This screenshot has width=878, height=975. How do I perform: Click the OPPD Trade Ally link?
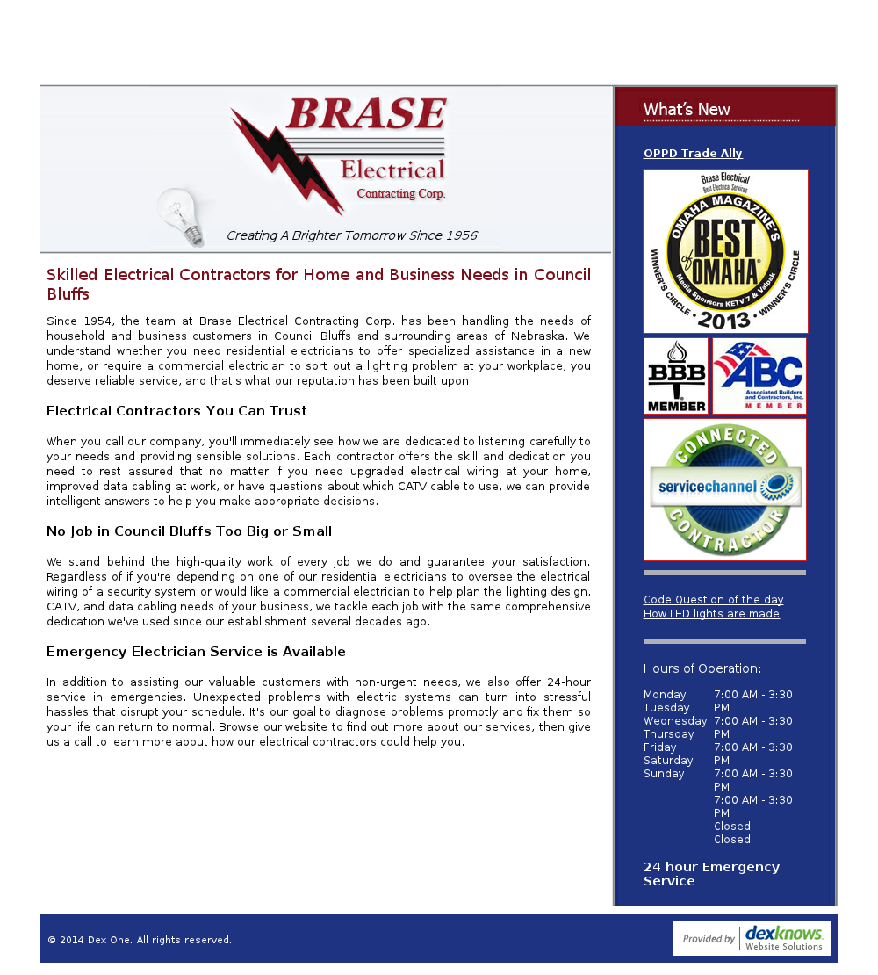693,154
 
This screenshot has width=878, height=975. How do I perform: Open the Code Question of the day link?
713,600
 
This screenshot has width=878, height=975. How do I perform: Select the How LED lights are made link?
711,614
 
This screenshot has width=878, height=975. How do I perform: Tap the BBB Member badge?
676,376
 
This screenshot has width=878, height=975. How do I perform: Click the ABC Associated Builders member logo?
759,376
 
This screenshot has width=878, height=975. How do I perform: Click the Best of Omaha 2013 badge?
725,251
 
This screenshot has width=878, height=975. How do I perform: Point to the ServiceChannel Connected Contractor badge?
725,489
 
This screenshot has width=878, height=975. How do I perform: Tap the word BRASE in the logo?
365,114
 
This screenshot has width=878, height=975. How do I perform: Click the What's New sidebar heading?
687,110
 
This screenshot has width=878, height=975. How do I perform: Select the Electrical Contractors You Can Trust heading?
176,411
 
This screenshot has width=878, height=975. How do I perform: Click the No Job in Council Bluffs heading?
189,531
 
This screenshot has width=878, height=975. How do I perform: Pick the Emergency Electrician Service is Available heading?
196,652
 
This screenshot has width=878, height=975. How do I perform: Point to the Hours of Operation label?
702,668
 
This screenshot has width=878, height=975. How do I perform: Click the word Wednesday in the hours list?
675,721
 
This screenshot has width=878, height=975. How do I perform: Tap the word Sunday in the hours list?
664,774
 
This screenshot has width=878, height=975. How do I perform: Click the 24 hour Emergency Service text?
711,874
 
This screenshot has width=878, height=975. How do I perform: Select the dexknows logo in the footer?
752,938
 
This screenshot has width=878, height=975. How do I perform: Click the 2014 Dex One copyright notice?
140,940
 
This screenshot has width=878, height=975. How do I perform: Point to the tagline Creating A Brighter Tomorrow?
351,235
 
